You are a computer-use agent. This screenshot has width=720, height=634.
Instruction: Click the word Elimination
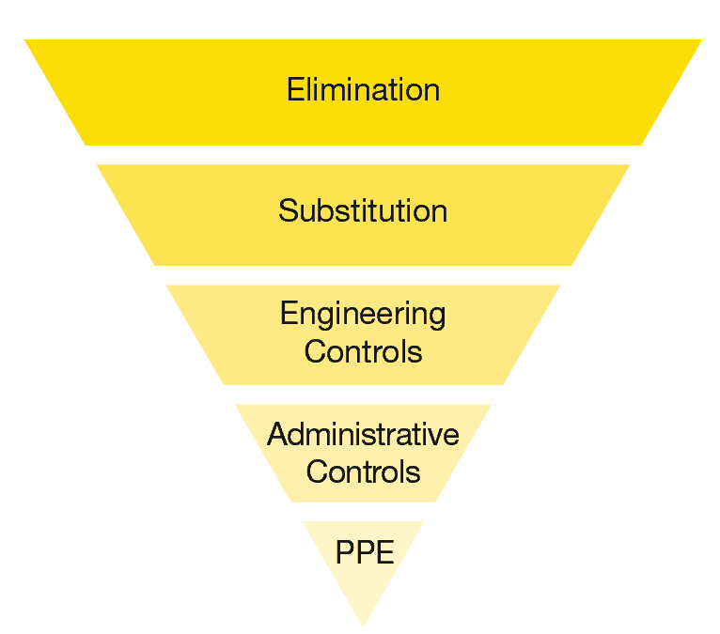[363, 90]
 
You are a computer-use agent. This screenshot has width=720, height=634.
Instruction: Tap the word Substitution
[363, 210]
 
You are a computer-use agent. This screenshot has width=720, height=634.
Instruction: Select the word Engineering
[363, 313]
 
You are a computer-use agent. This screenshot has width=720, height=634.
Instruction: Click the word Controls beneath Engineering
[363, 351]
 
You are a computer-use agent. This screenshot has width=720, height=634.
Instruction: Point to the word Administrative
[363, 434]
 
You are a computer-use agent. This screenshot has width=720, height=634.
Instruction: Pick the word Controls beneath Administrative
[363, 471]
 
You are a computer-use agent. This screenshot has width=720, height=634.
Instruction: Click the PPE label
[365, 552]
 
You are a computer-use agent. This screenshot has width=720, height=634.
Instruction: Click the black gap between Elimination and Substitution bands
[363, 155]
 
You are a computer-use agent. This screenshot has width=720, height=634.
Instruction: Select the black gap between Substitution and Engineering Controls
[363, 275]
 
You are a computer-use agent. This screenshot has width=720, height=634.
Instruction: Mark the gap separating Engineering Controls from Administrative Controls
[363, 394]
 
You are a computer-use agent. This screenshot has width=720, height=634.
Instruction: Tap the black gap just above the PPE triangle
[363, 512]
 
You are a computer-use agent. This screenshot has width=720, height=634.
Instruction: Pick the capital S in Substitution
[288, 210]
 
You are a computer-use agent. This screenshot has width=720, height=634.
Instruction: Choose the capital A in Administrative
[276, 434]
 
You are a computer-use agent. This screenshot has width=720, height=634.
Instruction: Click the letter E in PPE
[383, 552]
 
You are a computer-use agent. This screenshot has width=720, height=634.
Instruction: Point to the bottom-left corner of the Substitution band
[155, 264]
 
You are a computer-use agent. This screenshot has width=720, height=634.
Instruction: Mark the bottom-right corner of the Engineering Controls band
[503, 383]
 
